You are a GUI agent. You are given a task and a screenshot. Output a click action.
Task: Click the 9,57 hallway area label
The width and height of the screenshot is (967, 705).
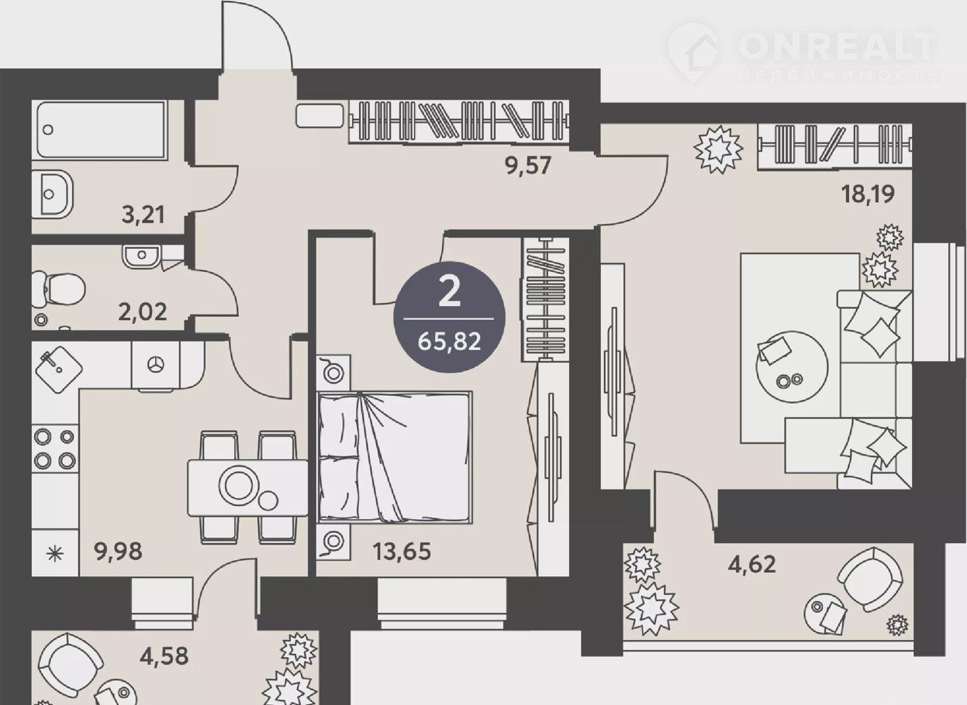pyautogui.click(x=528, y=166)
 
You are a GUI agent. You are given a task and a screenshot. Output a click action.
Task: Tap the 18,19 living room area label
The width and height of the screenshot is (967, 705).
pyautogui.click(x=868, y=194)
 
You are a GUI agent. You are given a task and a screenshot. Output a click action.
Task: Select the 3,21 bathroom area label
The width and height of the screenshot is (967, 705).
pyautogui.click(x=143, y=215)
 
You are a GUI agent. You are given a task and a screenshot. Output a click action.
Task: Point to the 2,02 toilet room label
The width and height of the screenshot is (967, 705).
pyautogui.click(x=143, y=311)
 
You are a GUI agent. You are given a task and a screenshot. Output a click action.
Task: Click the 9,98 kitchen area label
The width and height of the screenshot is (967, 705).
pyautogui.click(x=118, y=551)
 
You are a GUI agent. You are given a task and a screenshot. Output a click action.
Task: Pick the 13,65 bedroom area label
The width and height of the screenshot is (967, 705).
pyautogui.click(x=402, y=551)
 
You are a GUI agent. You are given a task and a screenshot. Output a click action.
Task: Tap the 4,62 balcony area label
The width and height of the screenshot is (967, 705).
pyautogui.click(x=751, y=564)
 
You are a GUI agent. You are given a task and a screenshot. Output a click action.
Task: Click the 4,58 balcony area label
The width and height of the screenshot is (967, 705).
pyautogui.click(x=164, y=656)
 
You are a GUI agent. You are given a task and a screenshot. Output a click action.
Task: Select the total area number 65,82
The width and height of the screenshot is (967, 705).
pyautogui.click(x=449, y=342)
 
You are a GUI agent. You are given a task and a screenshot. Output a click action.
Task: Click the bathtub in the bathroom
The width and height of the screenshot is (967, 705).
pyautogui.click(x=101, y=130)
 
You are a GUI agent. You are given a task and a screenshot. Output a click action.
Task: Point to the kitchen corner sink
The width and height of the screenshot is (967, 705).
pyautogui.click(x=59, y=370)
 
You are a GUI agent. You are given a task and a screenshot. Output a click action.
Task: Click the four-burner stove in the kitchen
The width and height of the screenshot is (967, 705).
pyautogui.click(x=55, y=449)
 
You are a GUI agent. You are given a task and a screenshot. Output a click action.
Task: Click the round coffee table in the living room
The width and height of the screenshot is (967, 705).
pyautogui.click(x=792, y=366)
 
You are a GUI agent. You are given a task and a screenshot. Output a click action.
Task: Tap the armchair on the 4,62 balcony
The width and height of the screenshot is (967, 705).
pyautogui.click(x=870, y=579)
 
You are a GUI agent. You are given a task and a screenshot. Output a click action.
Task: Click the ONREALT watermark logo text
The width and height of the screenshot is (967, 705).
pyautogui.click(x=837, y=46)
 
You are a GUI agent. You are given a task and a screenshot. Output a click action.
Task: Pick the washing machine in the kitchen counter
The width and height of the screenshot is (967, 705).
pyautogui.click(x=155, y=366)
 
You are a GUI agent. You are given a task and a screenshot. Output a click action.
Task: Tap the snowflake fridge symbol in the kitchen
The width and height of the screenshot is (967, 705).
pyautogui.click(x=55, y=553)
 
